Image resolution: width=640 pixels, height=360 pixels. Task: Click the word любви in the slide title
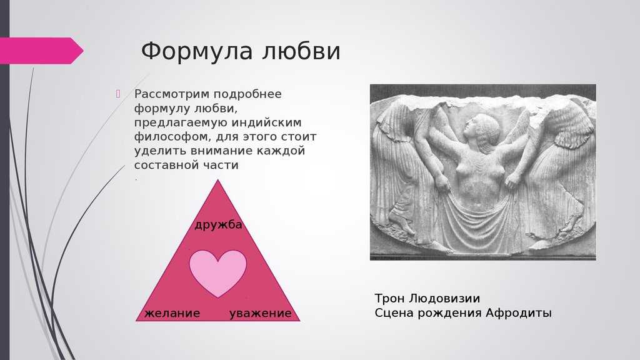tap(301, 52)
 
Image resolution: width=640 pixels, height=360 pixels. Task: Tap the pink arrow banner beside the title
tap(41, 51)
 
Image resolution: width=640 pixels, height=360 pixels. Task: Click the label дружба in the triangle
tap(218, 225)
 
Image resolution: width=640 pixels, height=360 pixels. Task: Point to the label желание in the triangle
tap(172, 314)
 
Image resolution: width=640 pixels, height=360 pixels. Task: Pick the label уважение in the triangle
tap(261, 314)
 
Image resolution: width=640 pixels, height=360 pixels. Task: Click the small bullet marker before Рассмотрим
tap(118, 94)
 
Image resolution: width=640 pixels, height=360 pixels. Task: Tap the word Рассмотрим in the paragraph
tap(171, 94)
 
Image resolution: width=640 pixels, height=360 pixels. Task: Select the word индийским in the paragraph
tap(266, 122)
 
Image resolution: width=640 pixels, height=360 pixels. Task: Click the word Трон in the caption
tap(389, 299)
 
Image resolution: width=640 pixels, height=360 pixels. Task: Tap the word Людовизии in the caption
tap(444, 299)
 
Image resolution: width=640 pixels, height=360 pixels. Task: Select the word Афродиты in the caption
tap(518, 314)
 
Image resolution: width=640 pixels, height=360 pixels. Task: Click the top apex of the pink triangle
tap(217, 179)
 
